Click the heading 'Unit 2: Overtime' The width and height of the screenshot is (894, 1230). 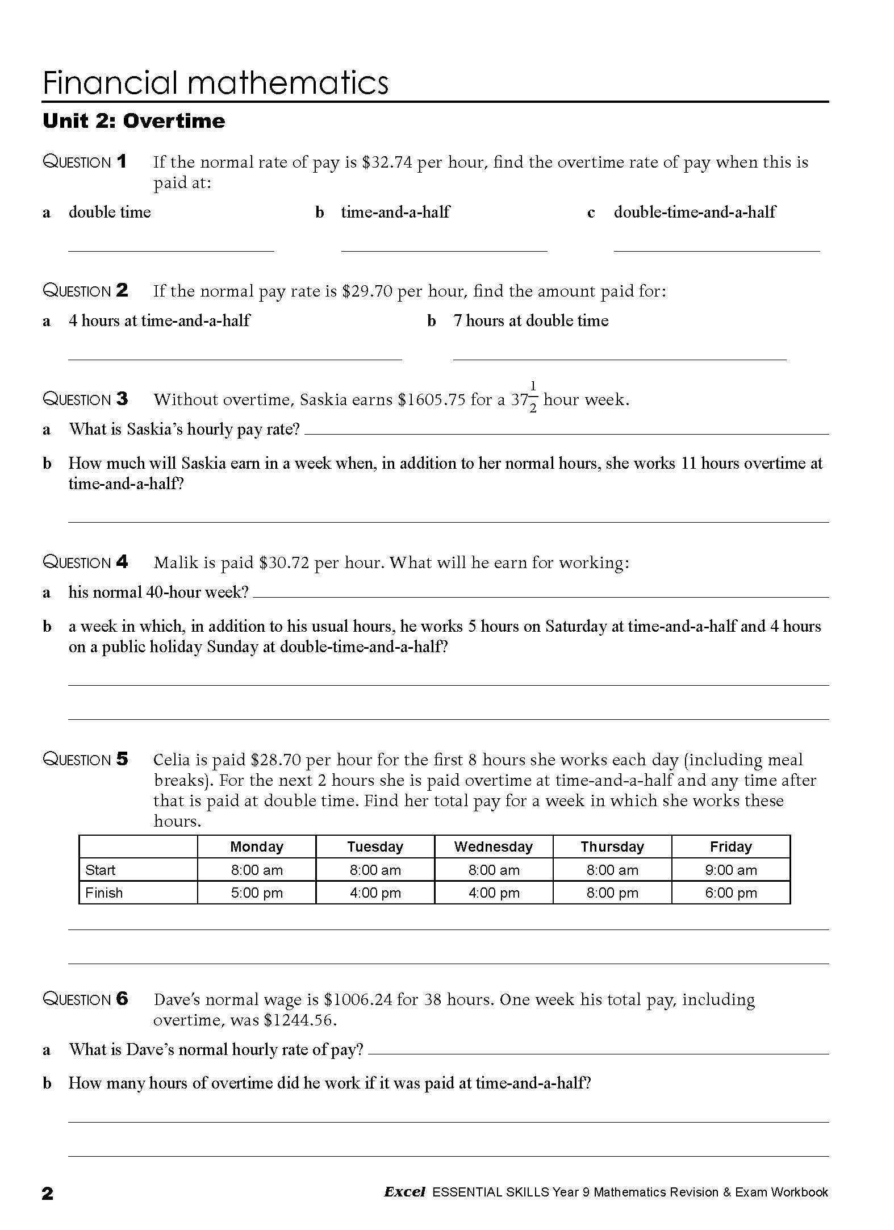(x=134, y=121)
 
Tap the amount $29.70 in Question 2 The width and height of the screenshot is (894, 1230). (x=367, y=291)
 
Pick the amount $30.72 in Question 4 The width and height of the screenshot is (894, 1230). (x=283, y=563)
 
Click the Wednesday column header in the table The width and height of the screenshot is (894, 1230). (x=493, y=847)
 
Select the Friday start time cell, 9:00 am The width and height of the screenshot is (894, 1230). (x=730, y=870)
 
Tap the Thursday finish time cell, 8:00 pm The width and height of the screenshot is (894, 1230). (x=612, y=893)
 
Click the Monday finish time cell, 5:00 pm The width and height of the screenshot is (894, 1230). (x=257, y=893)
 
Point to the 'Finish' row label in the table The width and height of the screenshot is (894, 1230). (x=104, y=893)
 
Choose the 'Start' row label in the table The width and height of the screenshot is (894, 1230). (x=100, y=870)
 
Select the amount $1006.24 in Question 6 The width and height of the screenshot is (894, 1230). (x=358, y=1000)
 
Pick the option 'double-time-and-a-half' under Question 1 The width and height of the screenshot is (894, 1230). (x=694, y=212)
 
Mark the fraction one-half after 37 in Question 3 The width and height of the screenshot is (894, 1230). (x=533, y=398)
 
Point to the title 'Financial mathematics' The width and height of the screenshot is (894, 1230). (x=215, y=83)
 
